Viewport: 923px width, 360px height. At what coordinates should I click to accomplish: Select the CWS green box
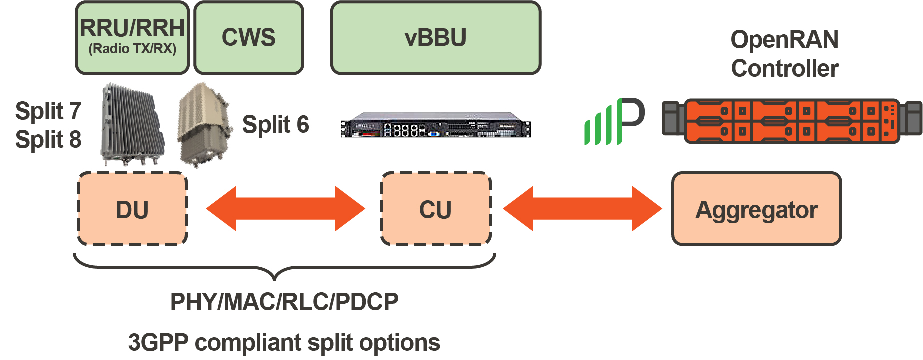tap(249, 38)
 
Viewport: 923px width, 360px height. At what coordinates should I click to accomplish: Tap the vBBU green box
tap(435, 38)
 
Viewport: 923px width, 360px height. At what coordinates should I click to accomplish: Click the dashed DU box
tap(132, 209)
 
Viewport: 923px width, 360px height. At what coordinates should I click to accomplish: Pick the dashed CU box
tap(435, 209)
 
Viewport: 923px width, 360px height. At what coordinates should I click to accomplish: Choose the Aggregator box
tap(756, 209)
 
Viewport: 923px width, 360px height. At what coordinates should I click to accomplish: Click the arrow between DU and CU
tap(285, 209)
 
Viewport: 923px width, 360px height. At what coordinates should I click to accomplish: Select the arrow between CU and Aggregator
tap(582, 209)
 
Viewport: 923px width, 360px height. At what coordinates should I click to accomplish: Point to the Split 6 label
tap(275, 124)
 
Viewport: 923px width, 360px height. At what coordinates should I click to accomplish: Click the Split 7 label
tap(48, 111)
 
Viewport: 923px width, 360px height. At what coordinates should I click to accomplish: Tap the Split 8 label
tap(48, 139)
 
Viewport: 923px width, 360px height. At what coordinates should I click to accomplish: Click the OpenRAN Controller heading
tap(784, 54)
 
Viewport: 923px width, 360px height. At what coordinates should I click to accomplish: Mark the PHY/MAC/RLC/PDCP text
tap(284, 302)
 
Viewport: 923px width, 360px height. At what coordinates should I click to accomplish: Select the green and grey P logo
tap(614, 122)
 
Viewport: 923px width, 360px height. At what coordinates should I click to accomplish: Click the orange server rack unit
tap(792, 121)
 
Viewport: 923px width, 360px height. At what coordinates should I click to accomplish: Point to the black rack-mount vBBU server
tap(435, 125)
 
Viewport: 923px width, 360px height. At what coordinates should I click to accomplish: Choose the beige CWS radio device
tap(204, 125)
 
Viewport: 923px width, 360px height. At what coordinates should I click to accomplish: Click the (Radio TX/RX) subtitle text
tap(132, 49)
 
